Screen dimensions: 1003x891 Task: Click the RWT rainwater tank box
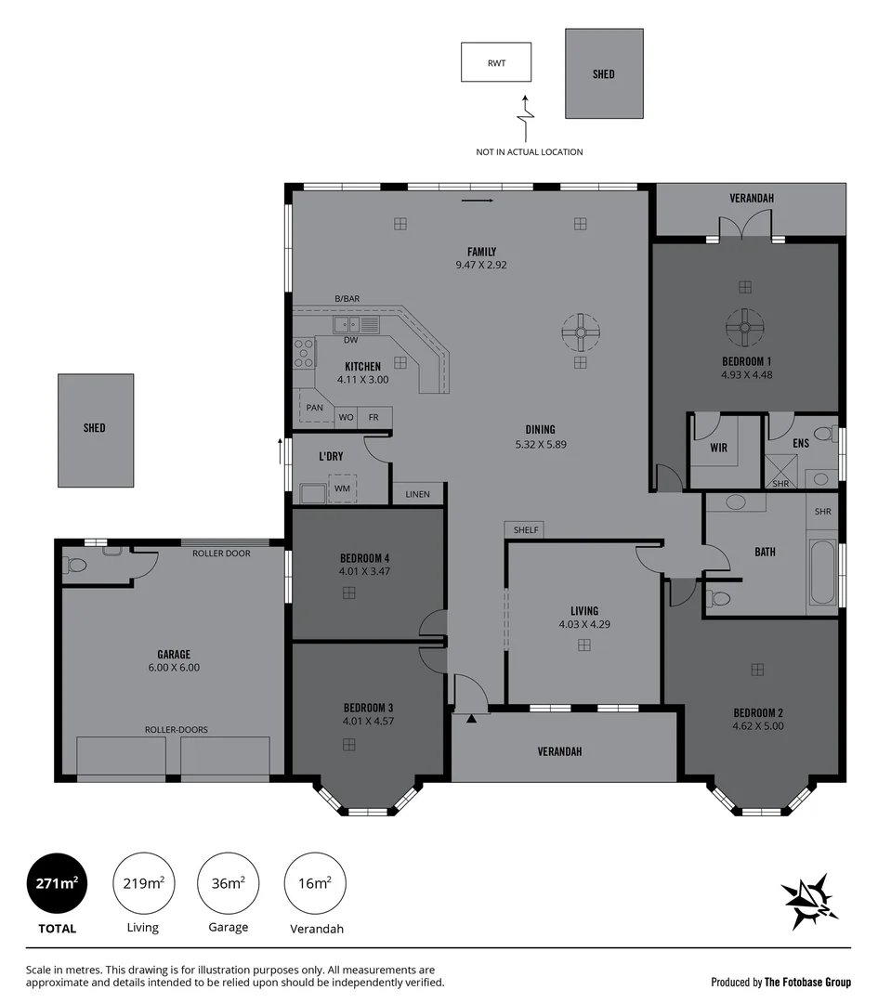pyautogui.click(x=496, y=62)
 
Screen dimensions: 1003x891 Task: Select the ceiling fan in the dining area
pyautogui.click(x=580, y=330)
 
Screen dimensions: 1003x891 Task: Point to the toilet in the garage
pyautogui.click(x=76, y=564)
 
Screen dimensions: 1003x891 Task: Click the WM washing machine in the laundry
pyautogui.click(x=342, y=488)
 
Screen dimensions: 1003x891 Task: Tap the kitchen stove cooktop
pyautogui.click(x=304, y=353)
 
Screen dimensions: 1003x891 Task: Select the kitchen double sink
pyautogui.click(x=356, y=324)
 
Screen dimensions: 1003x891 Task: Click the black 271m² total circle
pyautogui.click(x=56, y=883)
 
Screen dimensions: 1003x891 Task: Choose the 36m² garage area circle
pyautogui.click(x=228, y=883)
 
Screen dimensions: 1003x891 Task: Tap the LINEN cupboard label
pyautogui.click(x=417, y=494)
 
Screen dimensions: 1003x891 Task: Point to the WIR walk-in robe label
pyautogui.click(x=718, y=448)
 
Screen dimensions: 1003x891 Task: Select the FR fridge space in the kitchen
pyautogui.click(x=373, y=418)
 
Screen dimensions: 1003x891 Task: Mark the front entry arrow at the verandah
pyautogui.click(x=472, y=717)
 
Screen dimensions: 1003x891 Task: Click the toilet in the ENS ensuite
pyautogui.click(x=822, y=433)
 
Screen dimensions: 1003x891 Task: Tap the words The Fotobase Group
pyautogui.click(x=807, y=982)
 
